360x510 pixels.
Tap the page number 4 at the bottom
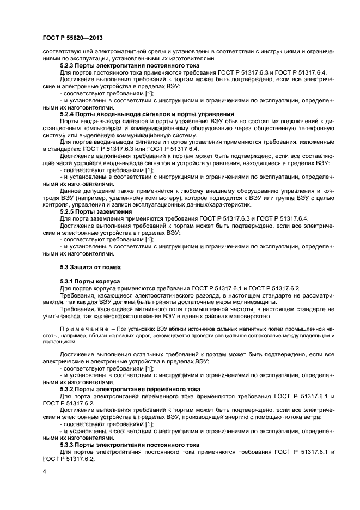coord(44,471)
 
